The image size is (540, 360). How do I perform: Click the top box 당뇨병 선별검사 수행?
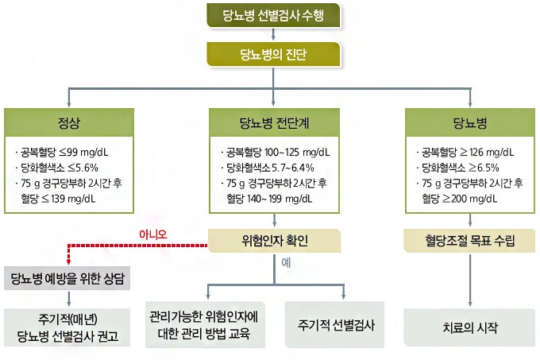[x=273, y=15]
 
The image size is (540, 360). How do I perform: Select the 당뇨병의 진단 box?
[x=273, y=54]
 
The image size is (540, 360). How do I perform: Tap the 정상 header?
[x=69, y=122]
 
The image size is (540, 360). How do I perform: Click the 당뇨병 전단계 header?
[x=274, y=122]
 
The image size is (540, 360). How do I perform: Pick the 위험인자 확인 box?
[x=275, y=241]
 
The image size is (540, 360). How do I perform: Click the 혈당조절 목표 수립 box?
[x=470, y=241]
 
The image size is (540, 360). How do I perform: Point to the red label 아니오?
[x=153, y=234]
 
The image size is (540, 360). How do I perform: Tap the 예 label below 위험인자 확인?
[x=286, y=262]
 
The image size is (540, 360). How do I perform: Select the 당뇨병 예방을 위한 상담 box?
[x=67, y=278]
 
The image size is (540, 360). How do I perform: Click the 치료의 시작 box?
[x=470, y=327]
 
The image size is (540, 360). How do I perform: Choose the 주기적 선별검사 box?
[x=335, y=324]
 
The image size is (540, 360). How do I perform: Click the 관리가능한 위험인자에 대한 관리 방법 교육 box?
[x=205, y=324]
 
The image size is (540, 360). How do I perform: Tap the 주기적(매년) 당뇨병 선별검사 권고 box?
[x=67, y=327]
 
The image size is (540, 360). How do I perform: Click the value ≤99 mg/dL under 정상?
[x=83, y=152]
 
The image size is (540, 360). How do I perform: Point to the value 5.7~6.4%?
[x=293, y=168]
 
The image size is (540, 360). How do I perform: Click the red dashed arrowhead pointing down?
[x=68, y=261]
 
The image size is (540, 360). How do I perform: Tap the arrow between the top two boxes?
[x=273, y=34]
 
